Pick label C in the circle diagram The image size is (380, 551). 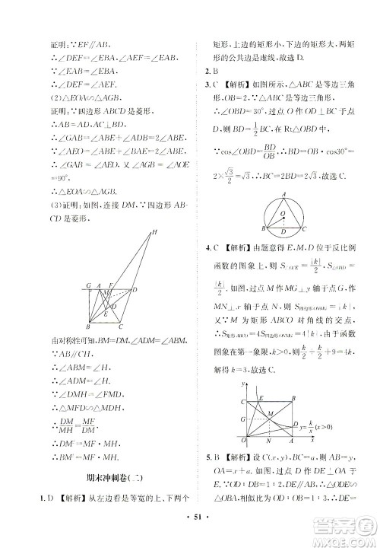coord(304,228)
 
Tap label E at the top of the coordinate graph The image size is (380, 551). coord(260,377)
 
